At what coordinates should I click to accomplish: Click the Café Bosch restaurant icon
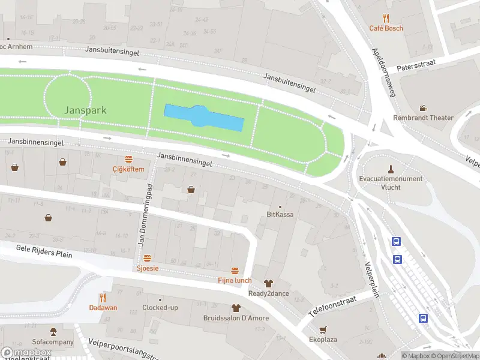coord(386,19)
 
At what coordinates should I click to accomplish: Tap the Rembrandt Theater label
coord(423,118)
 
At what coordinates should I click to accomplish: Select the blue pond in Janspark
coord(204,118)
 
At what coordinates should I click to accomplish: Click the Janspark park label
coord(86,110)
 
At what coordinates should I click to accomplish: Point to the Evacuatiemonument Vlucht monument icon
coord(391,169)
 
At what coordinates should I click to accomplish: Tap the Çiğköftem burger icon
coord(128,159)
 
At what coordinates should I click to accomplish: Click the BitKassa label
coord(280,214)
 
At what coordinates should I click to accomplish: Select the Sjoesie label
coord(148,268)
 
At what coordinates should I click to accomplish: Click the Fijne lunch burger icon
coord(235,271)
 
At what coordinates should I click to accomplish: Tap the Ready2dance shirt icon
coord(268,283)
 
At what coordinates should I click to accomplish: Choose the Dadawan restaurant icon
coord(103,297)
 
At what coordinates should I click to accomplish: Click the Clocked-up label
coord(160,308)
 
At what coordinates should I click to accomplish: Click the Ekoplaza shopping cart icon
coord(323,329)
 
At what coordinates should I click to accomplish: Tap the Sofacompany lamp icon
coord(53,331)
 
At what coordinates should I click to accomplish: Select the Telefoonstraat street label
coord(332,305)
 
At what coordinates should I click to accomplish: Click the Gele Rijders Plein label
coord(44,251)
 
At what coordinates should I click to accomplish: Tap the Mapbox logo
coord(26,352)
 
